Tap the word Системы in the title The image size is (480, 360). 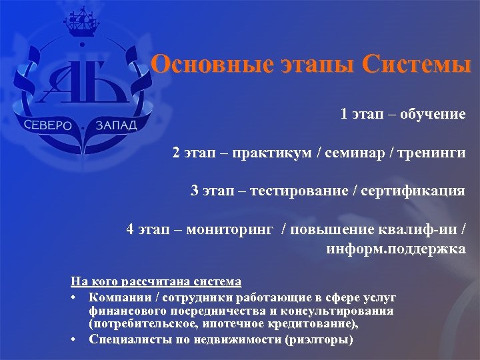pyautogui.click(x=417, y=65)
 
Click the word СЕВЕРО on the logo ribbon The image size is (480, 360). pyautogui.click(x=51, y=126)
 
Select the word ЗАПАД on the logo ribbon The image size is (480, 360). pyautogui.click(x=116, y=125)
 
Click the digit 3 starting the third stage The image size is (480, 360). pyautogui.click(x=195, y=191)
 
